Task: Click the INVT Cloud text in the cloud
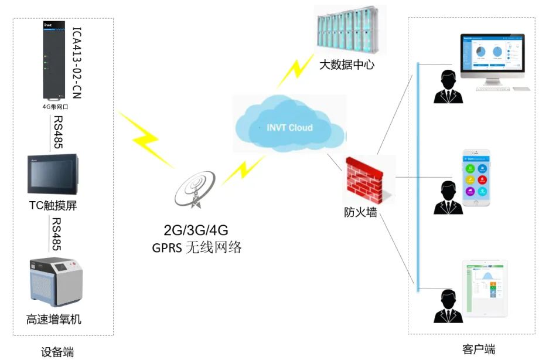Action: pyautogui.click(x=289, y=127)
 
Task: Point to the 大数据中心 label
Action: pyautogui.click(x=347, y=64)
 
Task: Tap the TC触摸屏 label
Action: pyautogui.click(x=53, y=205)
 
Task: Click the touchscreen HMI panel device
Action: pyautogui.click(x=53, y=175)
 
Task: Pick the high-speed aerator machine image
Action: pyautogui.click(x=55, y=283)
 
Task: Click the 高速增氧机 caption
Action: pyautogui.click(x=53, y=320)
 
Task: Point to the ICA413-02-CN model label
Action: pyautogui.click(x=76, y=64)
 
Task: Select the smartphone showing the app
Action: pyautogui.click(x=476, y=178)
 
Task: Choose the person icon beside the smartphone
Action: pyautogui.click(x=448, y=197)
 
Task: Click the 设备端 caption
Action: pyautogui.click(x=57, y=352)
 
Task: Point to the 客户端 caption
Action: pyautogui.click(x=479, y=349)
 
